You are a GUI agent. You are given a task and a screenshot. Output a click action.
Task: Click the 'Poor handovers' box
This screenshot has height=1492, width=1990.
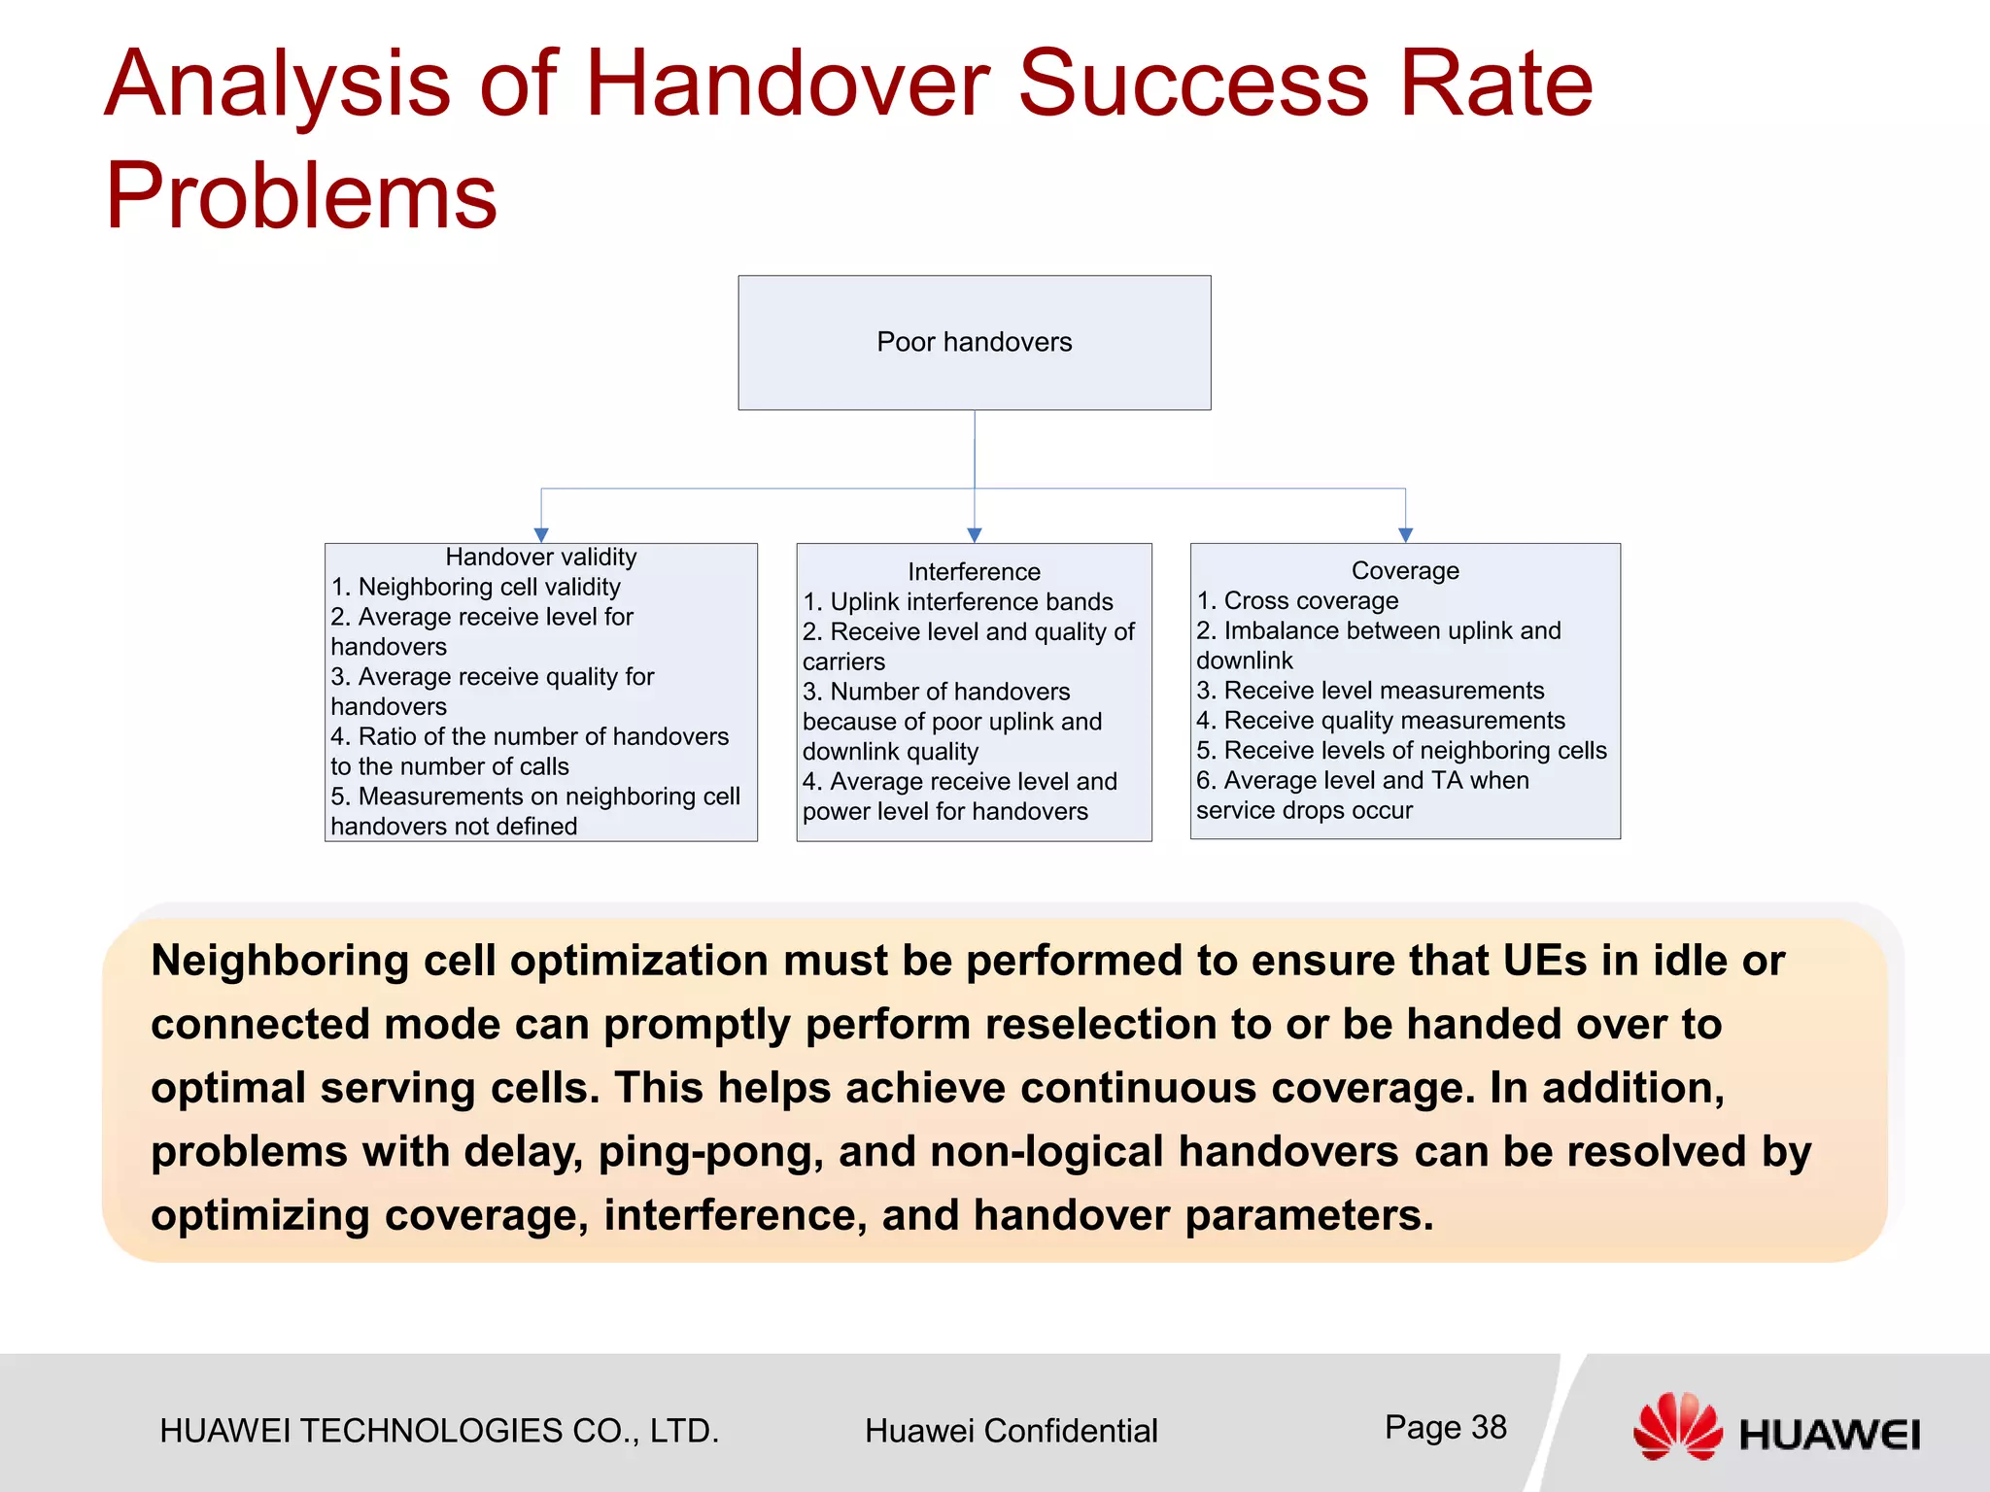(x=974, y=342)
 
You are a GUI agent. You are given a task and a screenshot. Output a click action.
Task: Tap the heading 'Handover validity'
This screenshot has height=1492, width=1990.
(x=540, y=557)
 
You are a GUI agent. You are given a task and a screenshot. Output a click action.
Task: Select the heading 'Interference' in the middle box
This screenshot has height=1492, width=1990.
(x=974, y=571)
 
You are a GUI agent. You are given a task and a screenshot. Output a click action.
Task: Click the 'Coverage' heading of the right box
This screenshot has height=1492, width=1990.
(x=1405, y=570)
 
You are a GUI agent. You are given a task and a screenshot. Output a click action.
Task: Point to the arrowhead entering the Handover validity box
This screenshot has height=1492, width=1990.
(x=541, y=535)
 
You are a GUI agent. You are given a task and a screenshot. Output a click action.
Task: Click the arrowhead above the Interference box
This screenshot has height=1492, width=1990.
(x=975, y=535)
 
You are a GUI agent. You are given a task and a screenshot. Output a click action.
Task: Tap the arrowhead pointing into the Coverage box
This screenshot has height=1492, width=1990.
(x=1405, y=535)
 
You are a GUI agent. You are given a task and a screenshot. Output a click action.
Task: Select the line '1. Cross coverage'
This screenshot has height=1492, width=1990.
(x=1297, y=600)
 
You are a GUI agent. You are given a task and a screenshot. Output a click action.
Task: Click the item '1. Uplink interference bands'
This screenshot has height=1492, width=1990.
(x=958, y=601)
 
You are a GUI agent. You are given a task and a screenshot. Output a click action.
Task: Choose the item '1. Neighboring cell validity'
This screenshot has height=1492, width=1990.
(x=475, y=587)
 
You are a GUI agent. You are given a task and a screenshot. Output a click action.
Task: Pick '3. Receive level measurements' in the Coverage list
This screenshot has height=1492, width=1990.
(x=1370, y=691)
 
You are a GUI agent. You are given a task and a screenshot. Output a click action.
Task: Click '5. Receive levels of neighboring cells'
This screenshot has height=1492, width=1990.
(x=1401, y=750)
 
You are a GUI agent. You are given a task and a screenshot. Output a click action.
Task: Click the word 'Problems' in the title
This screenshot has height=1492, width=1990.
(x=301, y=195)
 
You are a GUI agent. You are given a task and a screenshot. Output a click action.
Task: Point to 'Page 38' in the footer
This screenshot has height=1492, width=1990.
(x=1445, y=1427)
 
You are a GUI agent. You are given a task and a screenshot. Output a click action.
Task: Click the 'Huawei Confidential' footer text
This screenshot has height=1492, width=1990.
(x=1011, y=1431)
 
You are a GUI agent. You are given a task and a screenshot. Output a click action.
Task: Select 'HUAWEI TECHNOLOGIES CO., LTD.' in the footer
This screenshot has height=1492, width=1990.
(x=439, y=1431)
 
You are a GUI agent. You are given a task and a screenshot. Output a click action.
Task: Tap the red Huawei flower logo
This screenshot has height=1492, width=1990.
(x=1677, y=1426)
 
